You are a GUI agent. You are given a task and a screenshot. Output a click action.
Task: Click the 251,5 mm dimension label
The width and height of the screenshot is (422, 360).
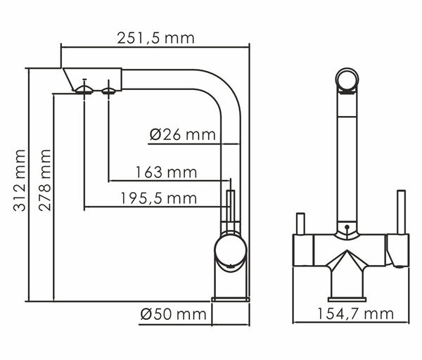(155, 38)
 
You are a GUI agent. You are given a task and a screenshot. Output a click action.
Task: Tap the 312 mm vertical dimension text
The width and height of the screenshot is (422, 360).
(20, 180)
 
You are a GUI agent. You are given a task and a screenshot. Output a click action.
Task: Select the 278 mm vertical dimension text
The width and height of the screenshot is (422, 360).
(45, 180)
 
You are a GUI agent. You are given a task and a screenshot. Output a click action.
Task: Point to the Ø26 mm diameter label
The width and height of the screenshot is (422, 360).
(183, 134)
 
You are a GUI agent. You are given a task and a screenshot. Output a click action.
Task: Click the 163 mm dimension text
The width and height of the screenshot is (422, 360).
(166, 172)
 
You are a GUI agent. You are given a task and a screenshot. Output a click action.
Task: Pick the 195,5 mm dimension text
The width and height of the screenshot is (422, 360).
(158, 198)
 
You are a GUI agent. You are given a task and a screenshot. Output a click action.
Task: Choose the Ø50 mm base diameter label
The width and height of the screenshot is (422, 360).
(173, 314)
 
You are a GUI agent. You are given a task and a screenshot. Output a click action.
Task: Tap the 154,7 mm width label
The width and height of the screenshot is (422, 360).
(355, 314)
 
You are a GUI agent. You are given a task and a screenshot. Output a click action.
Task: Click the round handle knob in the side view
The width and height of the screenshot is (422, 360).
(231, 249)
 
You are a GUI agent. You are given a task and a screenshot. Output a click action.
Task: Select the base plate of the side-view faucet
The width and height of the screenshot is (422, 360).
(231, 300)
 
